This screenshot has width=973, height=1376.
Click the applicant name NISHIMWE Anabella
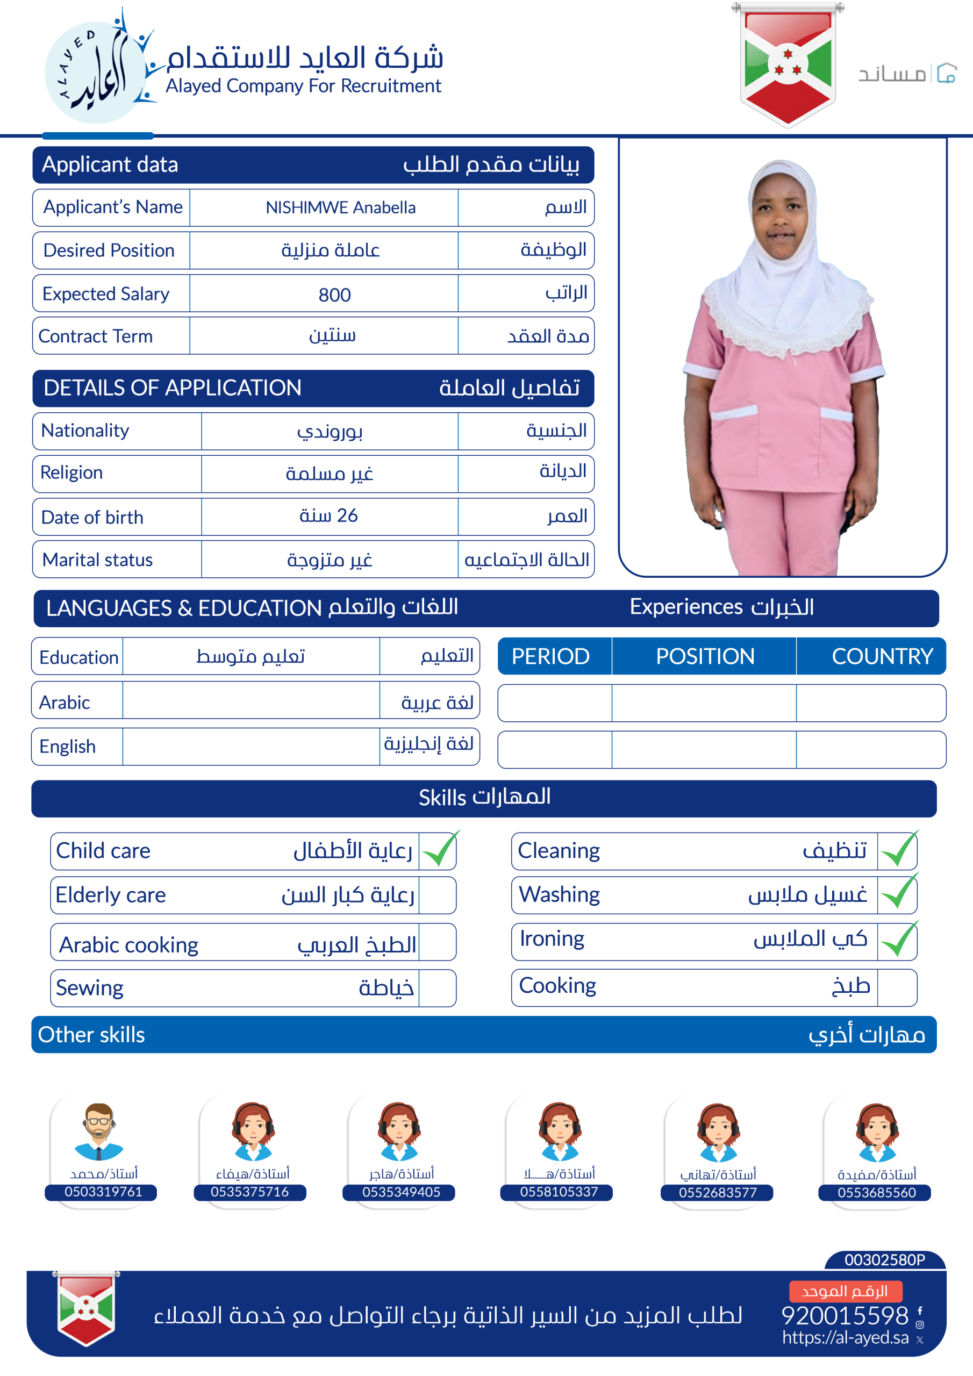[340, 207]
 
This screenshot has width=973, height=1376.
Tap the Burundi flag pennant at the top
[787, 64]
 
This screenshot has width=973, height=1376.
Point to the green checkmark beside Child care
[439, 850]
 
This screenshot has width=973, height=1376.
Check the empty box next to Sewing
[437, 987]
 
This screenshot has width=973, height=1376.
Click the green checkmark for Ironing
[898, 940]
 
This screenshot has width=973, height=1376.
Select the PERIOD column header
[550, 656]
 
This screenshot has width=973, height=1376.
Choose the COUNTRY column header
[882, 656]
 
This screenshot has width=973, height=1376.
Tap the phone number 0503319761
[103, 1192]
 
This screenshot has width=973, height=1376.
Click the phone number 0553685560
[876, 1192]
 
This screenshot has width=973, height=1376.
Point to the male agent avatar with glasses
[99, 1131]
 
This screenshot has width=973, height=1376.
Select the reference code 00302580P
[884, 1260]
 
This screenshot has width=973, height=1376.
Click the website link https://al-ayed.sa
[845, 1337]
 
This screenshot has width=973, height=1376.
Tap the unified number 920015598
[845, 1315]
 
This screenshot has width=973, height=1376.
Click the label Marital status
[98, 560]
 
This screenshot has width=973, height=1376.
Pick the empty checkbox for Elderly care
[437, 895]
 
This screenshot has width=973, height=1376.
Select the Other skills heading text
[91, 1035]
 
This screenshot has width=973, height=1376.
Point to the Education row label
[78, 657]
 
